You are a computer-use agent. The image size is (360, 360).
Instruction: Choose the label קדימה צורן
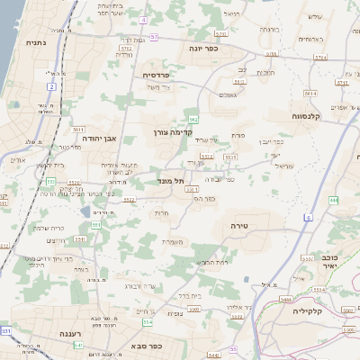pos(170,131)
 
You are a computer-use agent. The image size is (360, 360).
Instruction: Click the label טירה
pos(238,224)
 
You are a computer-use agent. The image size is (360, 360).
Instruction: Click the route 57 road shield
pos(155,37)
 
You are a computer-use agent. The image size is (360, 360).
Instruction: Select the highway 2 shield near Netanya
pos(51,86)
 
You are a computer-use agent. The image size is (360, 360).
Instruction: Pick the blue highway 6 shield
pos(307,218)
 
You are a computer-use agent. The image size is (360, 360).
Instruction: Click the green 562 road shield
pos(193,119)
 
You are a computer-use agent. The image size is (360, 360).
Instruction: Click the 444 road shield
pos(334,200)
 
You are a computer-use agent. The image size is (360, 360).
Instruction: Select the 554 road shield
pos(148,321)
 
